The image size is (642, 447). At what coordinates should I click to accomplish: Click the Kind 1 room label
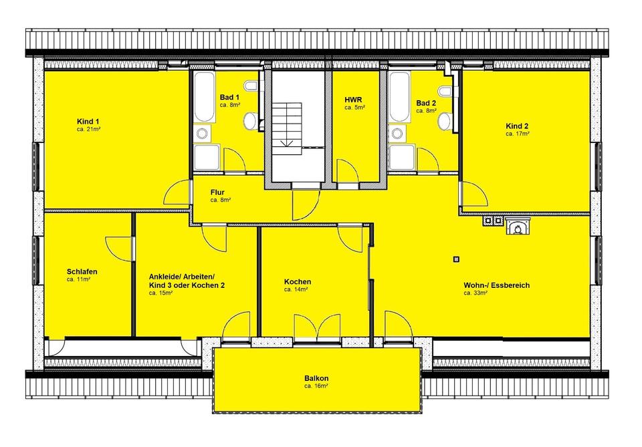click(x=88, y=122)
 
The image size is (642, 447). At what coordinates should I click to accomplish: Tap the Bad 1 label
click(x=229, y=98)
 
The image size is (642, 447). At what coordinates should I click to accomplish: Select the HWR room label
click(x=353, y=100)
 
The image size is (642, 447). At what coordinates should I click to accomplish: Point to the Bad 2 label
click(x=426, y=103)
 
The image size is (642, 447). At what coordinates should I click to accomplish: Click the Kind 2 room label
click(x=517, y=126)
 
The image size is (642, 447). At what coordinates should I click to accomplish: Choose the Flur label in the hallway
click(x=217, y=192)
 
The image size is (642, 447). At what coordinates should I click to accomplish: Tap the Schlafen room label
click(x=82, y=271)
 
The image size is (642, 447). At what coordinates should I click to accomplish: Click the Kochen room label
click(x=298, y=282)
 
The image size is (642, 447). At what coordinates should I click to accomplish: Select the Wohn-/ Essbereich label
click(x=497, y=285)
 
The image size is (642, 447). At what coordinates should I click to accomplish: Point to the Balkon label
click(x=316, y=378)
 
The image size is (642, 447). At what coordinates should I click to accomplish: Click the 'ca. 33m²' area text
click(x=475, y=293)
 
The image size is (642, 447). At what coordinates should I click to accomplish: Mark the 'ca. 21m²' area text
click(x=89, y=129)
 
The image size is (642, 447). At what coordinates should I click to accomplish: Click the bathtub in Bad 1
click(x=204, y=98)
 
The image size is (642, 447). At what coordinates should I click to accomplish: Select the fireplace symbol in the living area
click(x=518, y=226)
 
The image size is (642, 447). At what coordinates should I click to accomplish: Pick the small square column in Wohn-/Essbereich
click(x=457, y=259)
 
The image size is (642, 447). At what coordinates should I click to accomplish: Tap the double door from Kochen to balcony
click(x=317, y=326)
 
